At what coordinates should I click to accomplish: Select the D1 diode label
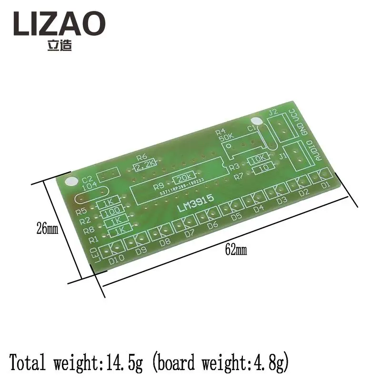(x=325, y=183)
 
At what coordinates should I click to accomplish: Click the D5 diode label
(x=236, y=217)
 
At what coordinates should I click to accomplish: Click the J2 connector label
(x=273, y=112)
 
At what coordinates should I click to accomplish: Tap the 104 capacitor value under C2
(x=89, y=188)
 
